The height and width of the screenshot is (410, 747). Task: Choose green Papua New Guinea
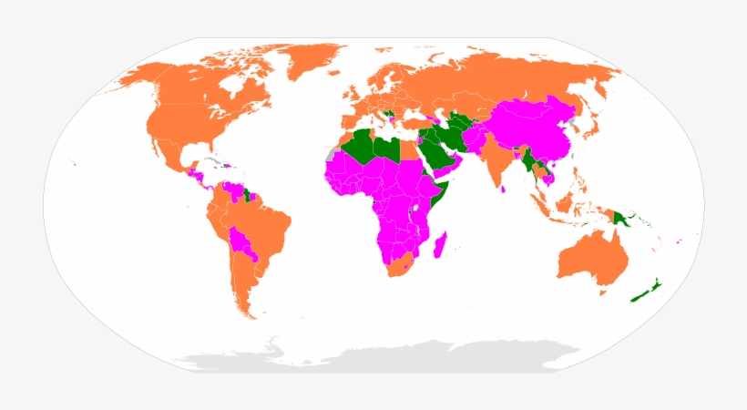coord(626,219)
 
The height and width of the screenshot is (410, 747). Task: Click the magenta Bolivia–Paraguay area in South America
coord(243,243)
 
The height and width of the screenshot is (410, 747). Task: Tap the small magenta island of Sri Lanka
coord(504,190)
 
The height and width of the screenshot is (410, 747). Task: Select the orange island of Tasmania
coord(602,292)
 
